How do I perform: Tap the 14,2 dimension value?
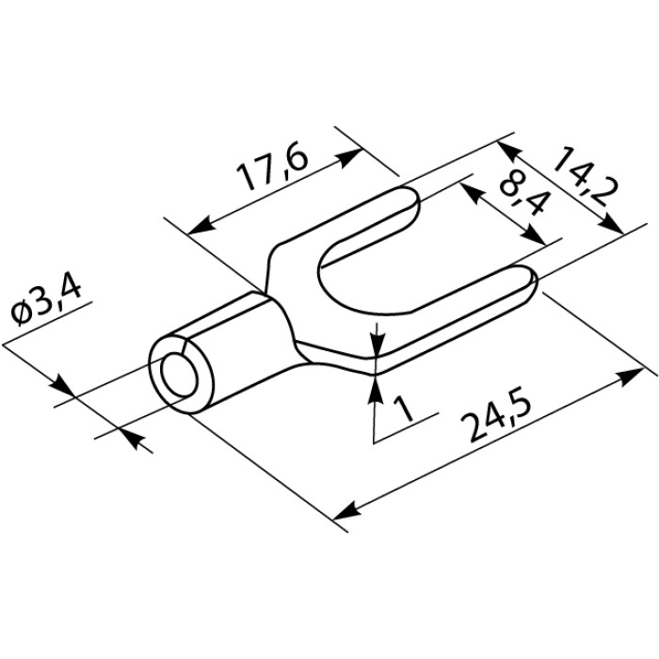586,177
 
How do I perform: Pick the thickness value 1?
404,410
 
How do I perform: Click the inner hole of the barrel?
179,375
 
